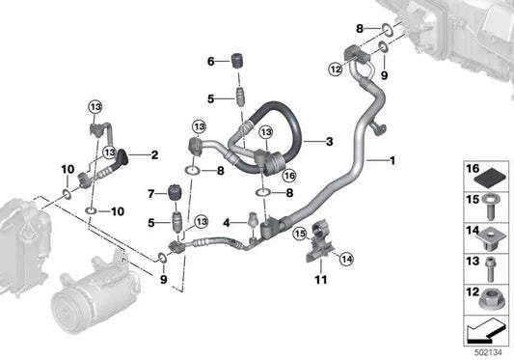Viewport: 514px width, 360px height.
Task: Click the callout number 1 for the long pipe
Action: pyautogui.click(x=392, y=161)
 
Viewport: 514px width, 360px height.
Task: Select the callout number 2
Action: pyautogui.click(x=154, y=154)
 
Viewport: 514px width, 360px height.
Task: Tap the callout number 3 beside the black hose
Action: pyautogui.click(x=329, y=142)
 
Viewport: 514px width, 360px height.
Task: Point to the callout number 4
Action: pyautogui.click(x=227, y=223)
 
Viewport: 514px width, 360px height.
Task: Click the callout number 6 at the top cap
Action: pyautogui.click(x=211, y=62)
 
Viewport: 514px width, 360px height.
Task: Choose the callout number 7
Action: pyautogui.click(x=150, y=194)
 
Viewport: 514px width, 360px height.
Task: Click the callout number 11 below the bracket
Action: pyautogui.click(x=321, y=280)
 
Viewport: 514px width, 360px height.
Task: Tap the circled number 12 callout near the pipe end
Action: pyautogui.click(x=336, y=69)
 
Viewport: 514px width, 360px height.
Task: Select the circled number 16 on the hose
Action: pyautogui.click(x=289, y=176)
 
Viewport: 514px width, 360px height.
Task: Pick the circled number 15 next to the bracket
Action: pyautogui.click(x=300, y=234)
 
